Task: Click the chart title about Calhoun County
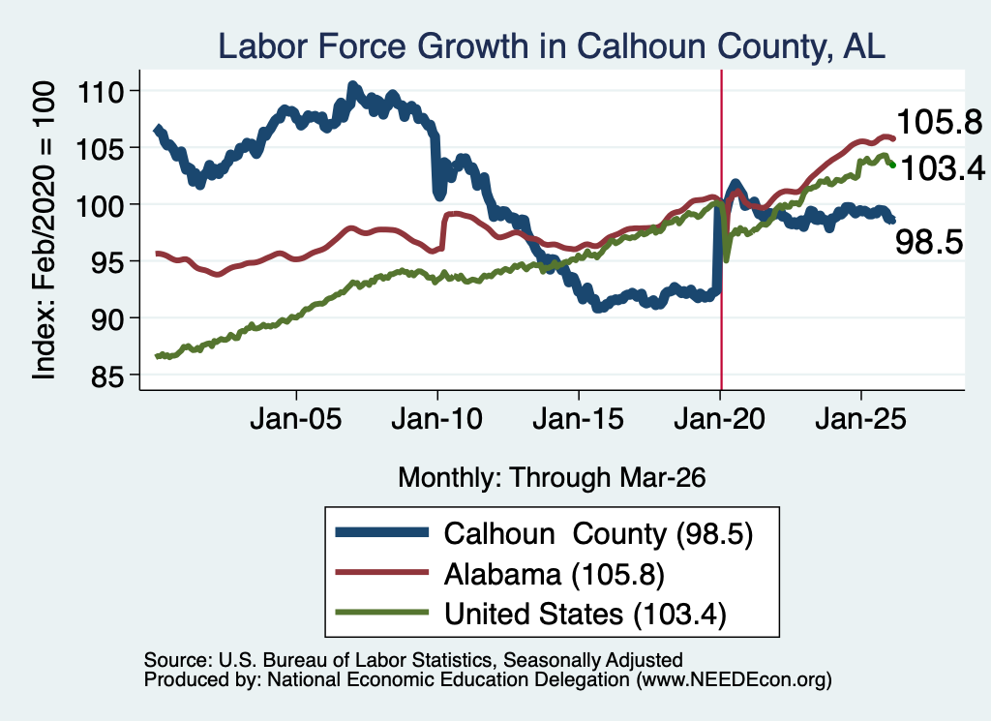pos(551,46)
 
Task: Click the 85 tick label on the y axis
pos(106,376)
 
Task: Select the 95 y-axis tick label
pos(106,263)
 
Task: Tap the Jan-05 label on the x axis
pos(296,418)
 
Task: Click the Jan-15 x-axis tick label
pos(579,418)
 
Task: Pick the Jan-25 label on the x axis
pos(860,418)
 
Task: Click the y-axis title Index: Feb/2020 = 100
pos(44,230)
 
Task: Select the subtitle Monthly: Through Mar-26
pos(552,478)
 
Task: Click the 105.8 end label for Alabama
pos(940,122)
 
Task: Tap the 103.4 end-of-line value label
pos(943,168)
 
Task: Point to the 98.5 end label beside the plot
pos(929,242)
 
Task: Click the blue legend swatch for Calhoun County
pos(381,532)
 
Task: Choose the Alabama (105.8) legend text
pos(555,574)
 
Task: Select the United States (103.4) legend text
pos(586,614)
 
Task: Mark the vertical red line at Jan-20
pos(721,229)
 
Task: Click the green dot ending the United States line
pos(892,165)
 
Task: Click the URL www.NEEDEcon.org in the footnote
pos(734,680)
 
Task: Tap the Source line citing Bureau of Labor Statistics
pos(413,660)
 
